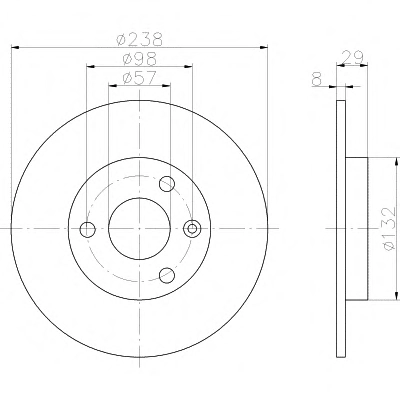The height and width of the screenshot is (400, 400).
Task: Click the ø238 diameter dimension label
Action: click(x=139, y=39)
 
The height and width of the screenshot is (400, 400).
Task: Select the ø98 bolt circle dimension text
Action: click(x=139, y=59)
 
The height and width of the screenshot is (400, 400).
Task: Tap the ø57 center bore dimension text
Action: click(x=139, y=78)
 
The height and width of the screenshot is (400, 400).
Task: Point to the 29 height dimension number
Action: click(x=353, y=57)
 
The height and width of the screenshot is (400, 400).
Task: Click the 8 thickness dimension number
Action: click(x=317, y=80)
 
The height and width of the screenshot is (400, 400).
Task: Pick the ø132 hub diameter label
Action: click(x=389, y=229)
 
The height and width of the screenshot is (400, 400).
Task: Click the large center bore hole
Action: click(x=139, y=229)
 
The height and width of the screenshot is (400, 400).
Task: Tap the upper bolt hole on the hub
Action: click(x=167, y=184)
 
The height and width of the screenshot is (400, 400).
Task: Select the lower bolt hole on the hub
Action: click(x=167, y=275)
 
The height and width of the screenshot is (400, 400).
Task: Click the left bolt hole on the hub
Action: click(x=88, y=229)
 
